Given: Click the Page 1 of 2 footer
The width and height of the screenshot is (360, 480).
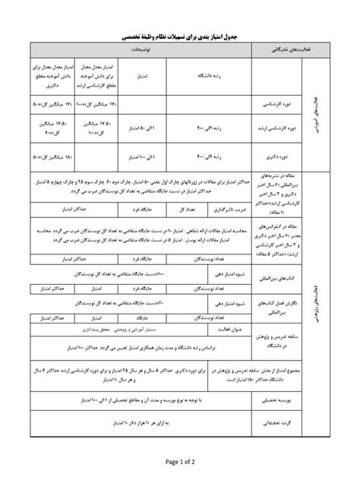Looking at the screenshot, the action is [x=180, y=460].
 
